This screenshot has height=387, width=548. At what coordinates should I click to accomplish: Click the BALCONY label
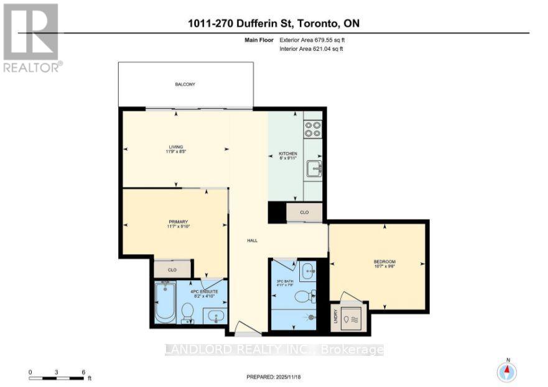point(185,84)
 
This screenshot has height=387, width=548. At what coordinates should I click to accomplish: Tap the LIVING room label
point(177,147)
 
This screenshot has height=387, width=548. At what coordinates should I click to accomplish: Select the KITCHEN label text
point(287,153)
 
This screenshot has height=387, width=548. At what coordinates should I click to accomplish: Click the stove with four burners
point(313,128)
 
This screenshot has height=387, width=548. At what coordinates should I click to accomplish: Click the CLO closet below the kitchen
point(304,212)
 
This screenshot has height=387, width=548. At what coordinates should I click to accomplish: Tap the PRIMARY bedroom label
point(177,222)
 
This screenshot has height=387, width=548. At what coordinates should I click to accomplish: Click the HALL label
point(252,240)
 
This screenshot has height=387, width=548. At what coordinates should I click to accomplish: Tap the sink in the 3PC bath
point(308,271)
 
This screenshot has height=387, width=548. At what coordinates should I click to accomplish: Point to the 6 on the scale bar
point(83,372)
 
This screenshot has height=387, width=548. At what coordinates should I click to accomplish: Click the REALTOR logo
point(32,37)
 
